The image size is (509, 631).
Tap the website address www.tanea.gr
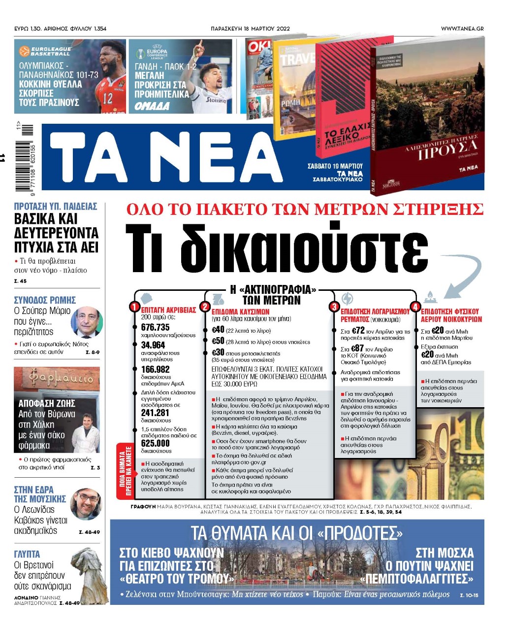[x=462, y=29]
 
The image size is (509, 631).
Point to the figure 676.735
[x=155, y=327]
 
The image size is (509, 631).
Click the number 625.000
[x=155, y=443]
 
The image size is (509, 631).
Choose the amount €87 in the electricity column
[x=357, y=349]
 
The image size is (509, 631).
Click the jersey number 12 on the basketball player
[x=107, y=98]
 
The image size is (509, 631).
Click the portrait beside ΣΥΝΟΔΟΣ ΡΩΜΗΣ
[x=87, y=322]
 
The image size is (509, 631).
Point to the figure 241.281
[x=155, y=413]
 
